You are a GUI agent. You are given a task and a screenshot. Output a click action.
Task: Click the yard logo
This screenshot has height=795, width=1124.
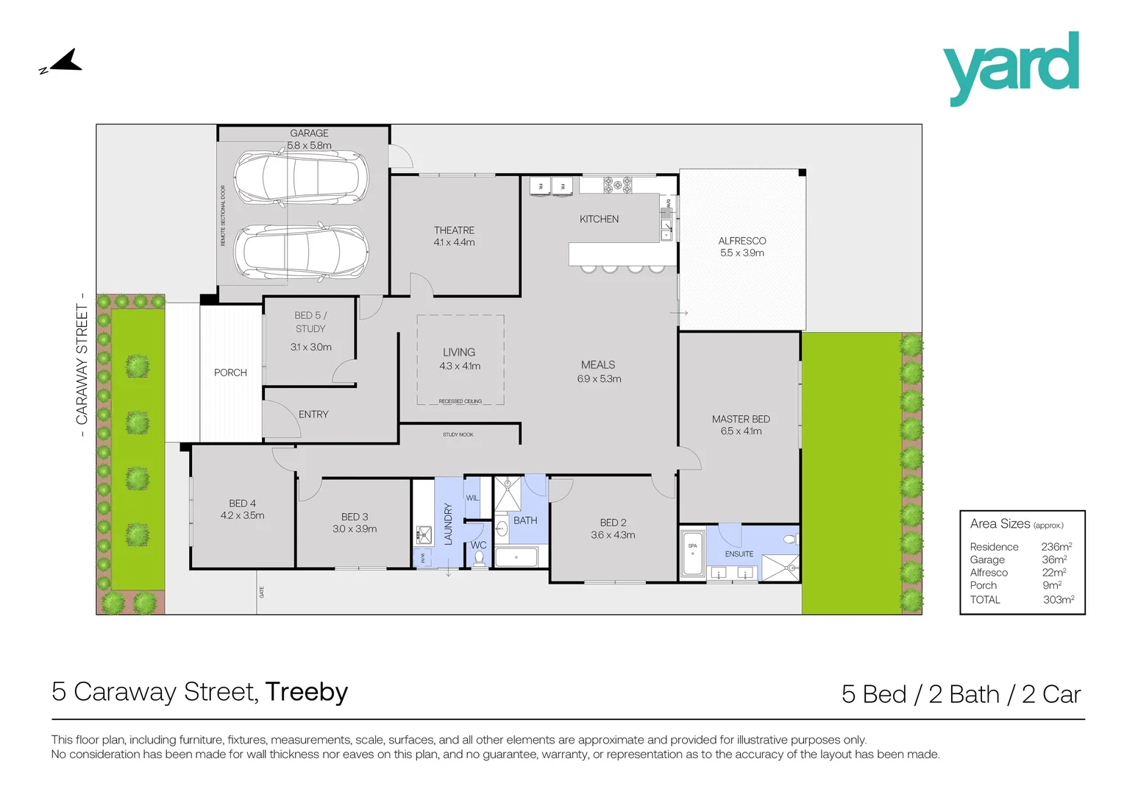point(1011,68)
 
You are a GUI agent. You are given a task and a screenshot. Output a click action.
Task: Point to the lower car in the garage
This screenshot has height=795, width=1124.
point(300,251)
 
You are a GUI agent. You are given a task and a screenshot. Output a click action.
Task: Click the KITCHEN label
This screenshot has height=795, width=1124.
point(599,219)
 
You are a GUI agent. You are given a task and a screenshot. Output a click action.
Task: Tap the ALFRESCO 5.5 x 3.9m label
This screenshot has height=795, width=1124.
point(741,247)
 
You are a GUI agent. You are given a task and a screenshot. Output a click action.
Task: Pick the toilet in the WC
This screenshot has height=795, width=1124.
point(480,558)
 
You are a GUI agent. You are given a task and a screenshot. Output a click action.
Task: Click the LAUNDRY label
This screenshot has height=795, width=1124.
point(448,523)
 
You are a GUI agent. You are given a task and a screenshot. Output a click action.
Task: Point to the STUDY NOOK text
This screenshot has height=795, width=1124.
point(458,435)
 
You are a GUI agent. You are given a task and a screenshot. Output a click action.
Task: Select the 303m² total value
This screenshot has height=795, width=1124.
point(1058,600)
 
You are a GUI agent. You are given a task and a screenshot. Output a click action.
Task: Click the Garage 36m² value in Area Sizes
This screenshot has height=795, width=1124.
point(1054,559)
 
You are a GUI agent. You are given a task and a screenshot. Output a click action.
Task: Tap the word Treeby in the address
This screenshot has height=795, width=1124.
point(306,692)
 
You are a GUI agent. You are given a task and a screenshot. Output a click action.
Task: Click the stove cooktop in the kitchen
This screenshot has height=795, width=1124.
point(617,185)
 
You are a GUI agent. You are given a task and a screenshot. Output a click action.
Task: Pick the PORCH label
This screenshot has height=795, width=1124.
point(230,372)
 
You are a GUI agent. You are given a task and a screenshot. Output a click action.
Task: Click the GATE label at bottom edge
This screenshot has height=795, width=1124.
point(261,592)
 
